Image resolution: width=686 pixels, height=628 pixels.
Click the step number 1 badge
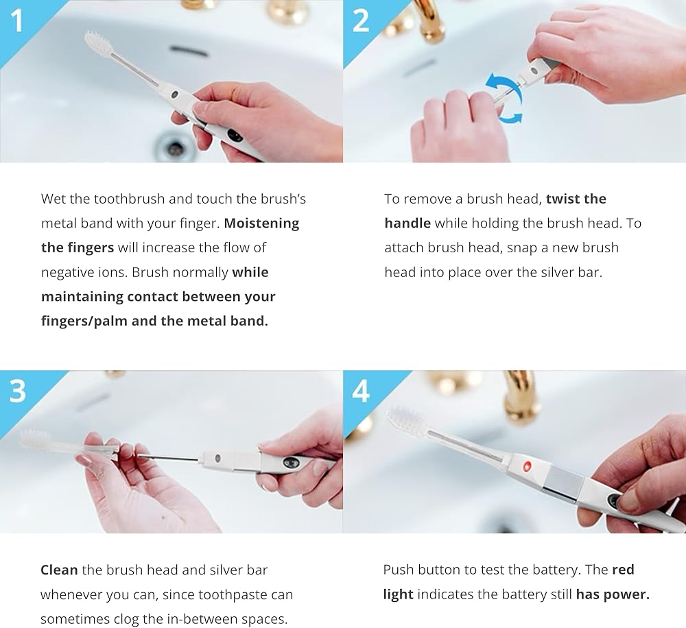(18, 21)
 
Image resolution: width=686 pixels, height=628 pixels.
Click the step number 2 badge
(361, 21)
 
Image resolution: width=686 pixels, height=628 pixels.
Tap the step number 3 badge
(18, 391)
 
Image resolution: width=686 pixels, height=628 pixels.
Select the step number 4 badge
(361, 391)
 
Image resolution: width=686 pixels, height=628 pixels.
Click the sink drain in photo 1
(174, 145)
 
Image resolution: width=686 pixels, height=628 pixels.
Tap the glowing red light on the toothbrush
(527, 466)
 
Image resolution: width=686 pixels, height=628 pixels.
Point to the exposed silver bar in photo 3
(167, 458)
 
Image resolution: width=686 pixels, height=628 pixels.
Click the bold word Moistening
(261, 224)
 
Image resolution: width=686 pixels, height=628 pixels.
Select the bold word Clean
(59, 570)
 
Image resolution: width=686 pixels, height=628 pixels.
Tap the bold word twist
(563, 199)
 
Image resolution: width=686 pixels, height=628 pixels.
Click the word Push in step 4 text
(398, 570)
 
